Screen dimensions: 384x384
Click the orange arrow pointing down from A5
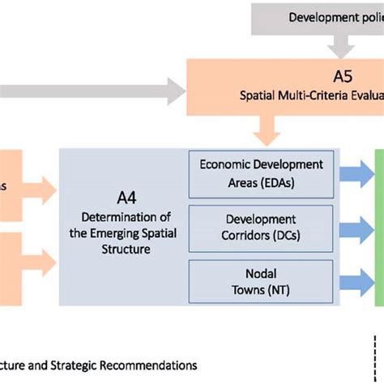(265, 130)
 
